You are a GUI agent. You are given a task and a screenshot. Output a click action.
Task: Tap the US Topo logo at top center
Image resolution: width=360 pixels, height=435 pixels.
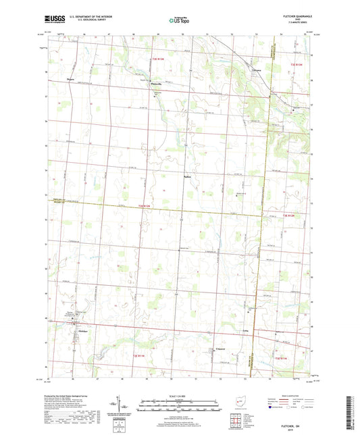(x=179, y=21)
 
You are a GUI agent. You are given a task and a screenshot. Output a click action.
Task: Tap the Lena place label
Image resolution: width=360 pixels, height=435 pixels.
(x=246, y=330)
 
